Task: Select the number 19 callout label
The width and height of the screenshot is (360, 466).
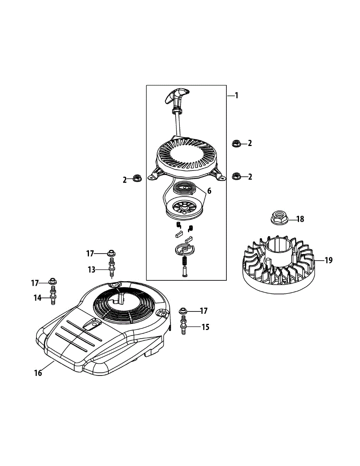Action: (x=328, y=260)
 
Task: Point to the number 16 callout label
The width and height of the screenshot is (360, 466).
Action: (x=38, y=373)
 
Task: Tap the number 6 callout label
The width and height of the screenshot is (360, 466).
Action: (x=209, y=191)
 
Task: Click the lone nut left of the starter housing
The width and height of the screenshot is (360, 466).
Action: (x=137, y=178)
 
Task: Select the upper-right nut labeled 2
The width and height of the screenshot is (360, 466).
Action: (x=235, y=143)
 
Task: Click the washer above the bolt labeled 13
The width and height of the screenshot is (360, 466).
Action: (x=111, y=253)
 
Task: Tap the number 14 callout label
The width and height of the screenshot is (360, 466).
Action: (x=37, y=298)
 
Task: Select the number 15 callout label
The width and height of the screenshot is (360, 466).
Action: (x=205, y=327)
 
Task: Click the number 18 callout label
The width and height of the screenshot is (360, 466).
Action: (x=300, y=219)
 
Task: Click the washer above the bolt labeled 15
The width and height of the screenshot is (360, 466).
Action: (x=183, y=311)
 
